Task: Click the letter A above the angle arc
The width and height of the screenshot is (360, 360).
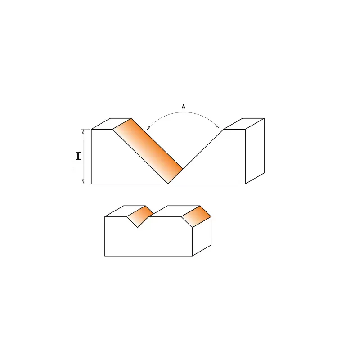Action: [x=184, y=107]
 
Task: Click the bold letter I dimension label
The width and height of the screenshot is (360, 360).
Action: [x=78, y=157]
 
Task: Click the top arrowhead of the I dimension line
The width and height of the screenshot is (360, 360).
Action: [x=83, y=131]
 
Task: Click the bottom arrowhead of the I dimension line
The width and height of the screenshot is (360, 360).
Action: [x=83, y=181]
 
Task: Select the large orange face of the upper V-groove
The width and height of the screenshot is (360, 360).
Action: [x=148, y=150]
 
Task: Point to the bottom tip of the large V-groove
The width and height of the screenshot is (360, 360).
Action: [x=168, y=184]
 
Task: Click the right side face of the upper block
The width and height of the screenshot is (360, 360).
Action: [x=255, y=151]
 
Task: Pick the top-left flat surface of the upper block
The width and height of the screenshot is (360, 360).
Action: [x=111, y=124]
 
